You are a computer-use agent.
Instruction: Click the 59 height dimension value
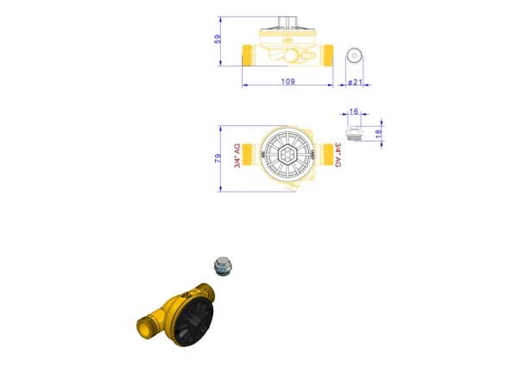tap(218, 39)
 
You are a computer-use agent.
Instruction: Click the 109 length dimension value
tap(287, 81)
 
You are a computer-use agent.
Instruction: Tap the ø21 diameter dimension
tap(355, 82)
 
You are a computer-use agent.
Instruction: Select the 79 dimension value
tap(218, 158)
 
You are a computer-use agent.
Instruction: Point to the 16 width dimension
tap(353, 111)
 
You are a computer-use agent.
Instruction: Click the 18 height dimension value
tap(379, 134)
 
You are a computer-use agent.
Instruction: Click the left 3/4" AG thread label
tap(237, 155)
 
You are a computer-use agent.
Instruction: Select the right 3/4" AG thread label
tap(338, 155)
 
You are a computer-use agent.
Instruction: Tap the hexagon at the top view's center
tap(287, 155)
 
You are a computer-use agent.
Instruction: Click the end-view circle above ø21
tap(355, 55)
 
